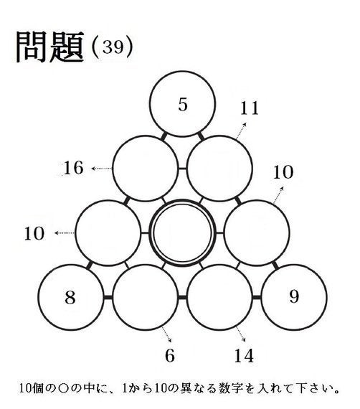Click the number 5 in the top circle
183,104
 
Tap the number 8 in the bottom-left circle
70,297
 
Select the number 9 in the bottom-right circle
294,296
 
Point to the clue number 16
74,168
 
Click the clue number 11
250,108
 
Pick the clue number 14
244,355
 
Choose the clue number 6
170,355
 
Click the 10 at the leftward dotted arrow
34,233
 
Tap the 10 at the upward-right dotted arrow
283,172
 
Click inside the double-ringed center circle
182,233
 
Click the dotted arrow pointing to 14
241,334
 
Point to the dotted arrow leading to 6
166,334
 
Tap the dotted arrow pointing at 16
102,169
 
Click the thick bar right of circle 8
108,297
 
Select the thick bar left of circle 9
257,297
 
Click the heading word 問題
50,47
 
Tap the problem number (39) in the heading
113,47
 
